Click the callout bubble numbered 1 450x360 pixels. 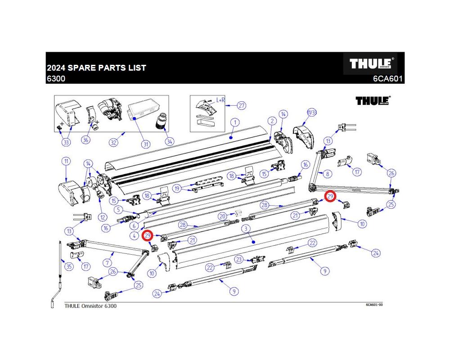(x=234, y=122)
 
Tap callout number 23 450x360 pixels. (x=239, y=259)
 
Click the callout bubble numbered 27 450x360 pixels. (x=242, y=106)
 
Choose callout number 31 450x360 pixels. (x=145, y=144)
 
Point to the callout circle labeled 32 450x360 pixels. (x=114, y=143)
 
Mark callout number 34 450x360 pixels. (x=169, y=141)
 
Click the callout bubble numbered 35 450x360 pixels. (x=68, y=267)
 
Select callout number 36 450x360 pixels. (x=85, y=140)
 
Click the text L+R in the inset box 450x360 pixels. (x=220, y=100)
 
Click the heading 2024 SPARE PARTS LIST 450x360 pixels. (x=97, y=68)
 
